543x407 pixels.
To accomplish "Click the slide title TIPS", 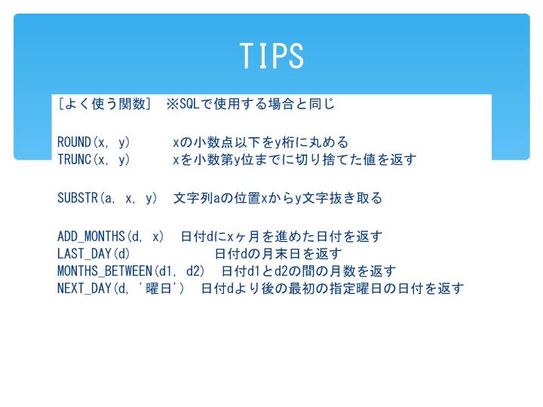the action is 271,55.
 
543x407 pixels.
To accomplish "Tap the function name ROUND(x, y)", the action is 94,142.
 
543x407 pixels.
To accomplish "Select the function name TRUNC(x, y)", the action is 94,160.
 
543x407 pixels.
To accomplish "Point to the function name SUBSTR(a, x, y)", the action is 107,198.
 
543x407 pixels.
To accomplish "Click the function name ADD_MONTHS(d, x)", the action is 110,237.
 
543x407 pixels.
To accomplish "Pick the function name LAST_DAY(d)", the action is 94,254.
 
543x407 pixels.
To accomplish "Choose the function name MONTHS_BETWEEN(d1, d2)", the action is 131,271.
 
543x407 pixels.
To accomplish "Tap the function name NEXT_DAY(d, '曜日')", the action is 121,288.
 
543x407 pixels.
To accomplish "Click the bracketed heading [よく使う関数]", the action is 104,104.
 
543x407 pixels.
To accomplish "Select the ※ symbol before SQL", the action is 173,104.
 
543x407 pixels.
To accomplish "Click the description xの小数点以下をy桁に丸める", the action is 260,142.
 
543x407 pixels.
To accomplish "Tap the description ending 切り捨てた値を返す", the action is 294,160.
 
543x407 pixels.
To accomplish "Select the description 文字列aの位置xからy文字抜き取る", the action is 278,198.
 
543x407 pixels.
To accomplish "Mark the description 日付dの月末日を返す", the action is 278,254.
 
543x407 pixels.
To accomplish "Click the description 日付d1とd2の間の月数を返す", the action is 308,271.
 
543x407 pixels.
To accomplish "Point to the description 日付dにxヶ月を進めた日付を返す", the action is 281,237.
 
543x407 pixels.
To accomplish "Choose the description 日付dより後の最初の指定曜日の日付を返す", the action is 332,288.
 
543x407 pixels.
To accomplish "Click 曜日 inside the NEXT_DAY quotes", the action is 159,288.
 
